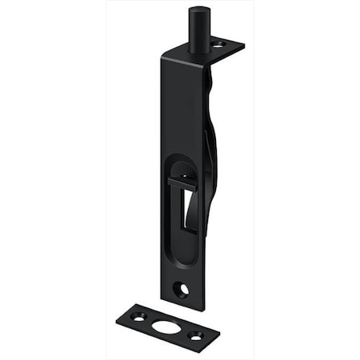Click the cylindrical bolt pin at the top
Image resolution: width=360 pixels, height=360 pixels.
coord(198,30)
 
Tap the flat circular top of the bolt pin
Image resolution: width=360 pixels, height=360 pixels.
coord(198,11)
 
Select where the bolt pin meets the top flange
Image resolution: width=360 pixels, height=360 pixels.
coord(199,50)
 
